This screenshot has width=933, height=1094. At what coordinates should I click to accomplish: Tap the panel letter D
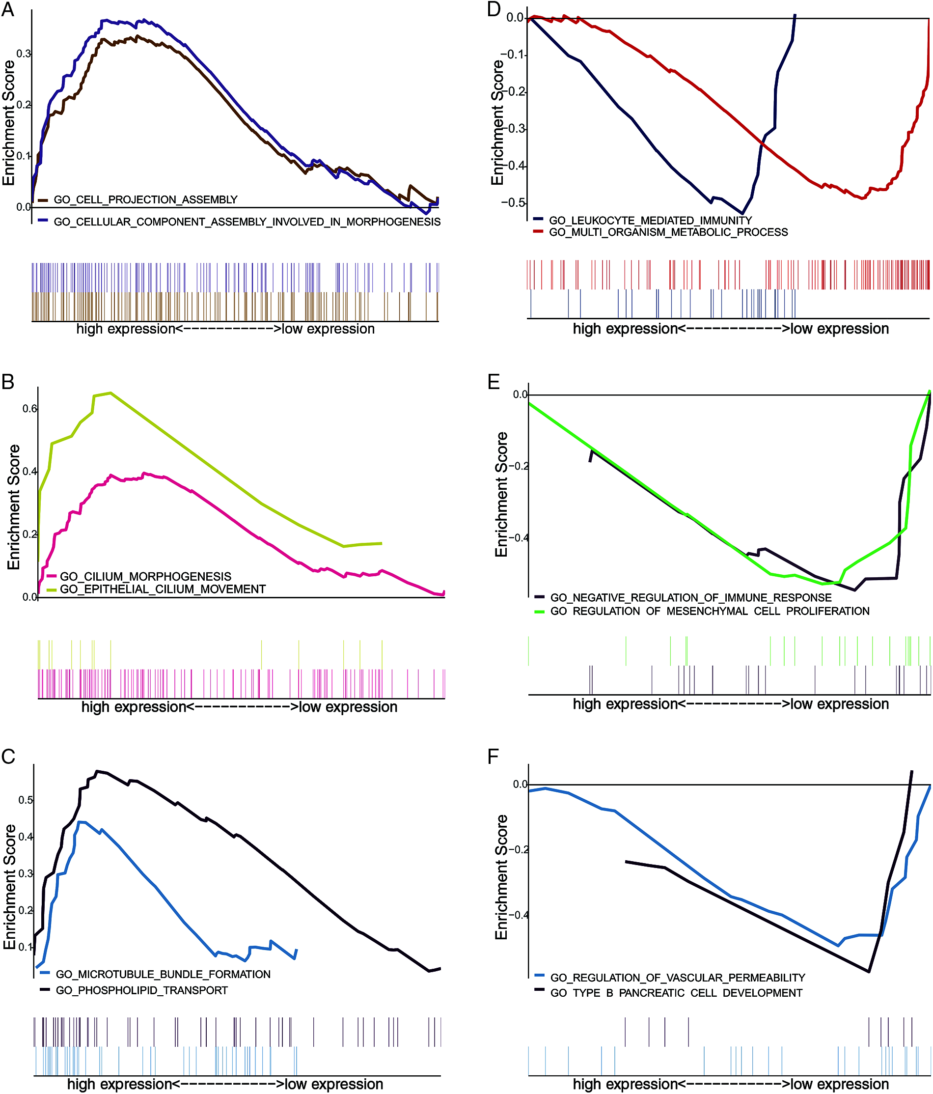(x=494, y=9)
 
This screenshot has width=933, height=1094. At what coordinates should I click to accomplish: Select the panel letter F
(x=494, y=756)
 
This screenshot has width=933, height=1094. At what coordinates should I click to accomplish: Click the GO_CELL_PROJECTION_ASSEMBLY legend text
(x=146, y=199)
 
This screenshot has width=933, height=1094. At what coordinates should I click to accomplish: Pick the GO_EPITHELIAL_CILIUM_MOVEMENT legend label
(x=163, y=589)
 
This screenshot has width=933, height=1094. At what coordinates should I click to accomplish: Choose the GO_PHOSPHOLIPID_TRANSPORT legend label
(x=141, y=990)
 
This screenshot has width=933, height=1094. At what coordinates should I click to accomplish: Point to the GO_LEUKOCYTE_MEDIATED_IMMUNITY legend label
(x=650, y=220)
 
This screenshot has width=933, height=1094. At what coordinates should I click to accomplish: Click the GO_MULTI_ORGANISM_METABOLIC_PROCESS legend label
(x=668, y=232)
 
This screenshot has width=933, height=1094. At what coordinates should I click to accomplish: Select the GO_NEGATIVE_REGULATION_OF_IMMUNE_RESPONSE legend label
(x=691, y=598)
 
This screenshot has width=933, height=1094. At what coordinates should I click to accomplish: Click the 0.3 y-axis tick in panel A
(x=24, y=54)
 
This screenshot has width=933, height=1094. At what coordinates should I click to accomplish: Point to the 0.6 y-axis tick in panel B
(x=29, y=409)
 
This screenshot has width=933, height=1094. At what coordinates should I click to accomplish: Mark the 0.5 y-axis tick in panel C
(x=26, y=800)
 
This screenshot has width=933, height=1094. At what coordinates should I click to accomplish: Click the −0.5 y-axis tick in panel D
(x=513, y=203)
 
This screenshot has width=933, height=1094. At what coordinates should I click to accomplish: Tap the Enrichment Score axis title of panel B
(x=14, y=507)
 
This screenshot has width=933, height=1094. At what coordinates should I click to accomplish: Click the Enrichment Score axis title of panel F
(x=501, y=876)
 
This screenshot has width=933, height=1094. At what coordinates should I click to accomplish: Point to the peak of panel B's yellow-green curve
(x=110, y=393)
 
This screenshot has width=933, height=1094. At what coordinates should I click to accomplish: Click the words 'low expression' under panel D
(x=839, y=329)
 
